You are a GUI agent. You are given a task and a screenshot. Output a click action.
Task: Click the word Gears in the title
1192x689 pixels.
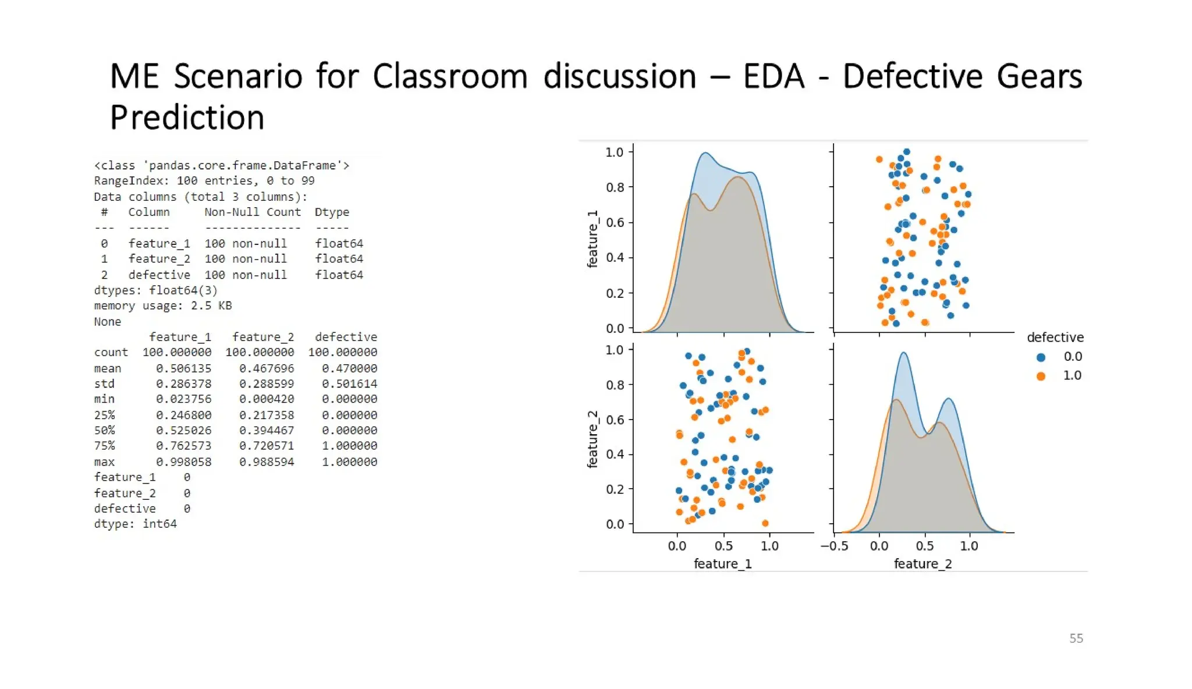click(1039, 76)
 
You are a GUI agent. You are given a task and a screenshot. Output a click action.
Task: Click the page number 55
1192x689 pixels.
click(1076, 638)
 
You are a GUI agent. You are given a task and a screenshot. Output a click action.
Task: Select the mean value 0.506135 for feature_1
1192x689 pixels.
click(183, 368)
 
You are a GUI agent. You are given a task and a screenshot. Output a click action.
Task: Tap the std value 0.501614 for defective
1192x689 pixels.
click(349, 384)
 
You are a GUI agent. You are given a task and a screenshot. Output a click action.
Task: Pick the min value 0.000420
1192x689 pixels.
click(267, 399)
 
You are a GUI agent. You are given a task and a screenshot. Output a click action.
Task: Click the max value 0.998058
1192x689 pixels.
click(183, 461)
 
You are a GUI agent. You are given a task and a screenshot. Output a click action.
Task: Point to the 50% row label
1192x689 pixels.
click(104, 431)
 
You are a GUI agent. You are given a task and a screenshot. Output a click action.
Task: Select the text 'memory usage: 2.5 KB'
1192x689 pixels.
click(162, 306)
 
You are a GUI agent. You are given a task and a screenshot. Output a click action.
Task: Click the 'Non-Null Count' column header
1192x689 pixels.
click(252, 212)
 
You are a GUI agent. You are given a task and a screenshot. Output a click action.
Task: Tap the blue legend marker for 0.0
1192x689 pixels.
click(1041, 357)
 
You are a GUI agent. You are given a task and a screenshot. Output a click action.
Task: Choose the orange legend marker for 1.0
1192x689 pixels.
click(1041, 376)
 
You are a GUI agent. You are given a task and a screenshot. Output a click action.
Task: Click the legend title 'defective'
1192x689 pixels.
click(1055, 338)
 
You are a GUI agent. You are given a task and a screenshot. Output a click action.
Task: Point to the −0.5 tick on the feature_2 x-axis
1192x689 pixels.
click(834, 546)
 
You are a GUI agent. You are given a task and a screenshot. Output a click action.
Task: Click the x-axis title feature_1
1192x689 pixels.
click(722, 564)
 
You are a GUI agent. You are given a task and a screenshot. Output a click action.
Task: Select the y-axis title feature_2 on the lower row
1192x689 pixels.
click(593, 439)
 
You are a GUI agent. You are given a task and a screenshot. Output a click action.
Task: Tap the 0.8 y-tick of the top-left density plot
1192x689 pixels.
click(615, 187)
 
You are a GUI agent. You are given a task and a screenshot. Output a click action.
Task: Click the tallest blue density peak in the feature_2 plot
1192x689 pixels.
click(903, 353)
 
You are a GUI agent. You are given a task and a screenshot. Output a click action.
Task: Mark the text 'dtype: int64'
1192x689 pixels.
click(135, 524)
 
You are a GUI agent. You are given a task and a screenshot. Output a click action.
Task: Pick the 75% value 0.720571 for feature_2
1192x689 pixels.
click(267, 446)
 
